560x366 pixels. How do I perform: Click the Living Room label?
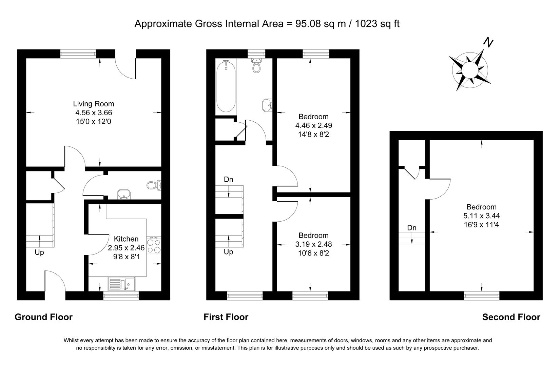94,104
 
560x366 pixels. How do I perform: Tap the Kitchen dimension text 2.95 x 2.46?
126,248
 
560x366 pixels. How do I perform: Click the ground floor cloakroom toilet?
154,185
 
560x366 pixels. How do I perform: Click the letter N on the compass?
488,43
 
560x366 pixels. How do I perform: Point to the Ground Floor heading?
43,317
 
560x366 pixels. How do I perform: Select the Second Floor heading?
511,317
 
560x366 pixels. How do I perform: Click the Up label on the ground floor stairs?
39,252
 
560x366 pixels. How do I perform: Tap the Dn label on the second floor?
411,228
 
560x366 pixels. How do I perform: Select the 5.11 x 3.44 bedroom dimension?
481,216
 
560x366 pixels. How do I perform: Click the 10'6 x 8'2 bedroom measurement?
313,253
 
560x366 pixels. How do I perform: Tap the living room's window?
78,54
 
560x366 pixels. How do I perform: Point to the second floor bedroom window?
482,296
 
